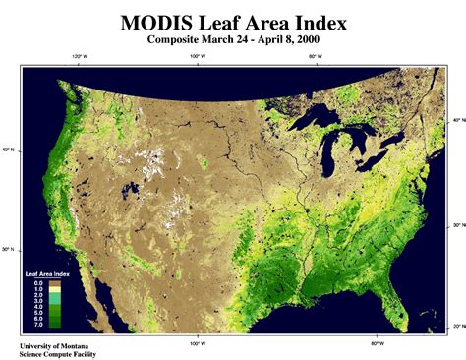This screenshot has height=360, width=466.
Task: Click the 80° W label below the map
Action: (x=377, y=345)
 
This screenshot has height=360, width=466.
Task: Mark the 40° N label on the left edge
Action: (x=8, y=150)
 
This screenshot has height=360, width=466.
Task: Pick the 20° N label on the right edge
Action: (x=459, y=326)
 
